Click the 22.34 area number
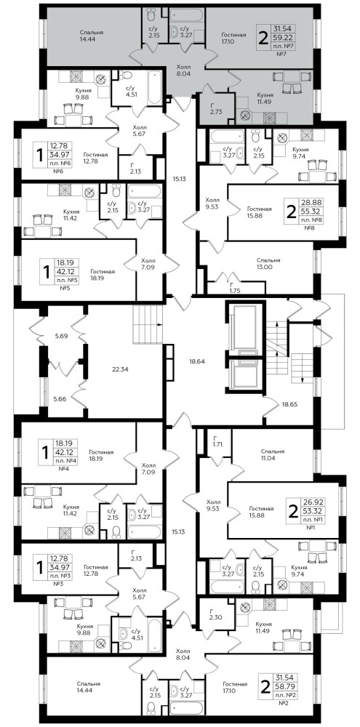tap(120, 369)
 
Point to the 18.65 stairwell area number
tap(289, 404)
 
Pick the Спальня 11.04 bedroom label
tap(273, 454)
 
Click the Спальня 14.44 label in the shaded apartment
tap(91, 36)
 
